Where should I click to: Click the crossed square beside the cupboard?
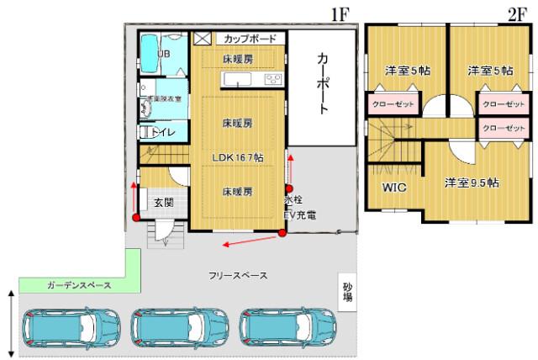click(x=203, y=39)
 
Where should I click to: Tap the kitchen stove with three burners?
click(x=273, y=79)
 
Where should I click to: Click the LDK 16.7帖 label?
click(x=238, y=157)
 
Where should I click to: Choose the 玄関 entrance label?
click(x=163, y=203)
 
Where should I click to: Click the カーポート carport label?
click(x=322, y=84)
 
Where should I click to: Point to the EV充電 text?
click(x=300, y=215)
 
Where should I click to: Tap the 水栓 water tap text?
click(x=293, y=202)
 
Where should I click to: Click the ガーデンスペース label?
click(x=79, y=286)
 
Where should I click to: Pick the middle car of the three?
click(x=180, y=324)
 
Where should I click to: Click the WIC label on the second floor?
click(x=394, y=188)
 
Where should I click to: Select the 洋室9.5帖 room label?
click(x=471, y=183)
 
